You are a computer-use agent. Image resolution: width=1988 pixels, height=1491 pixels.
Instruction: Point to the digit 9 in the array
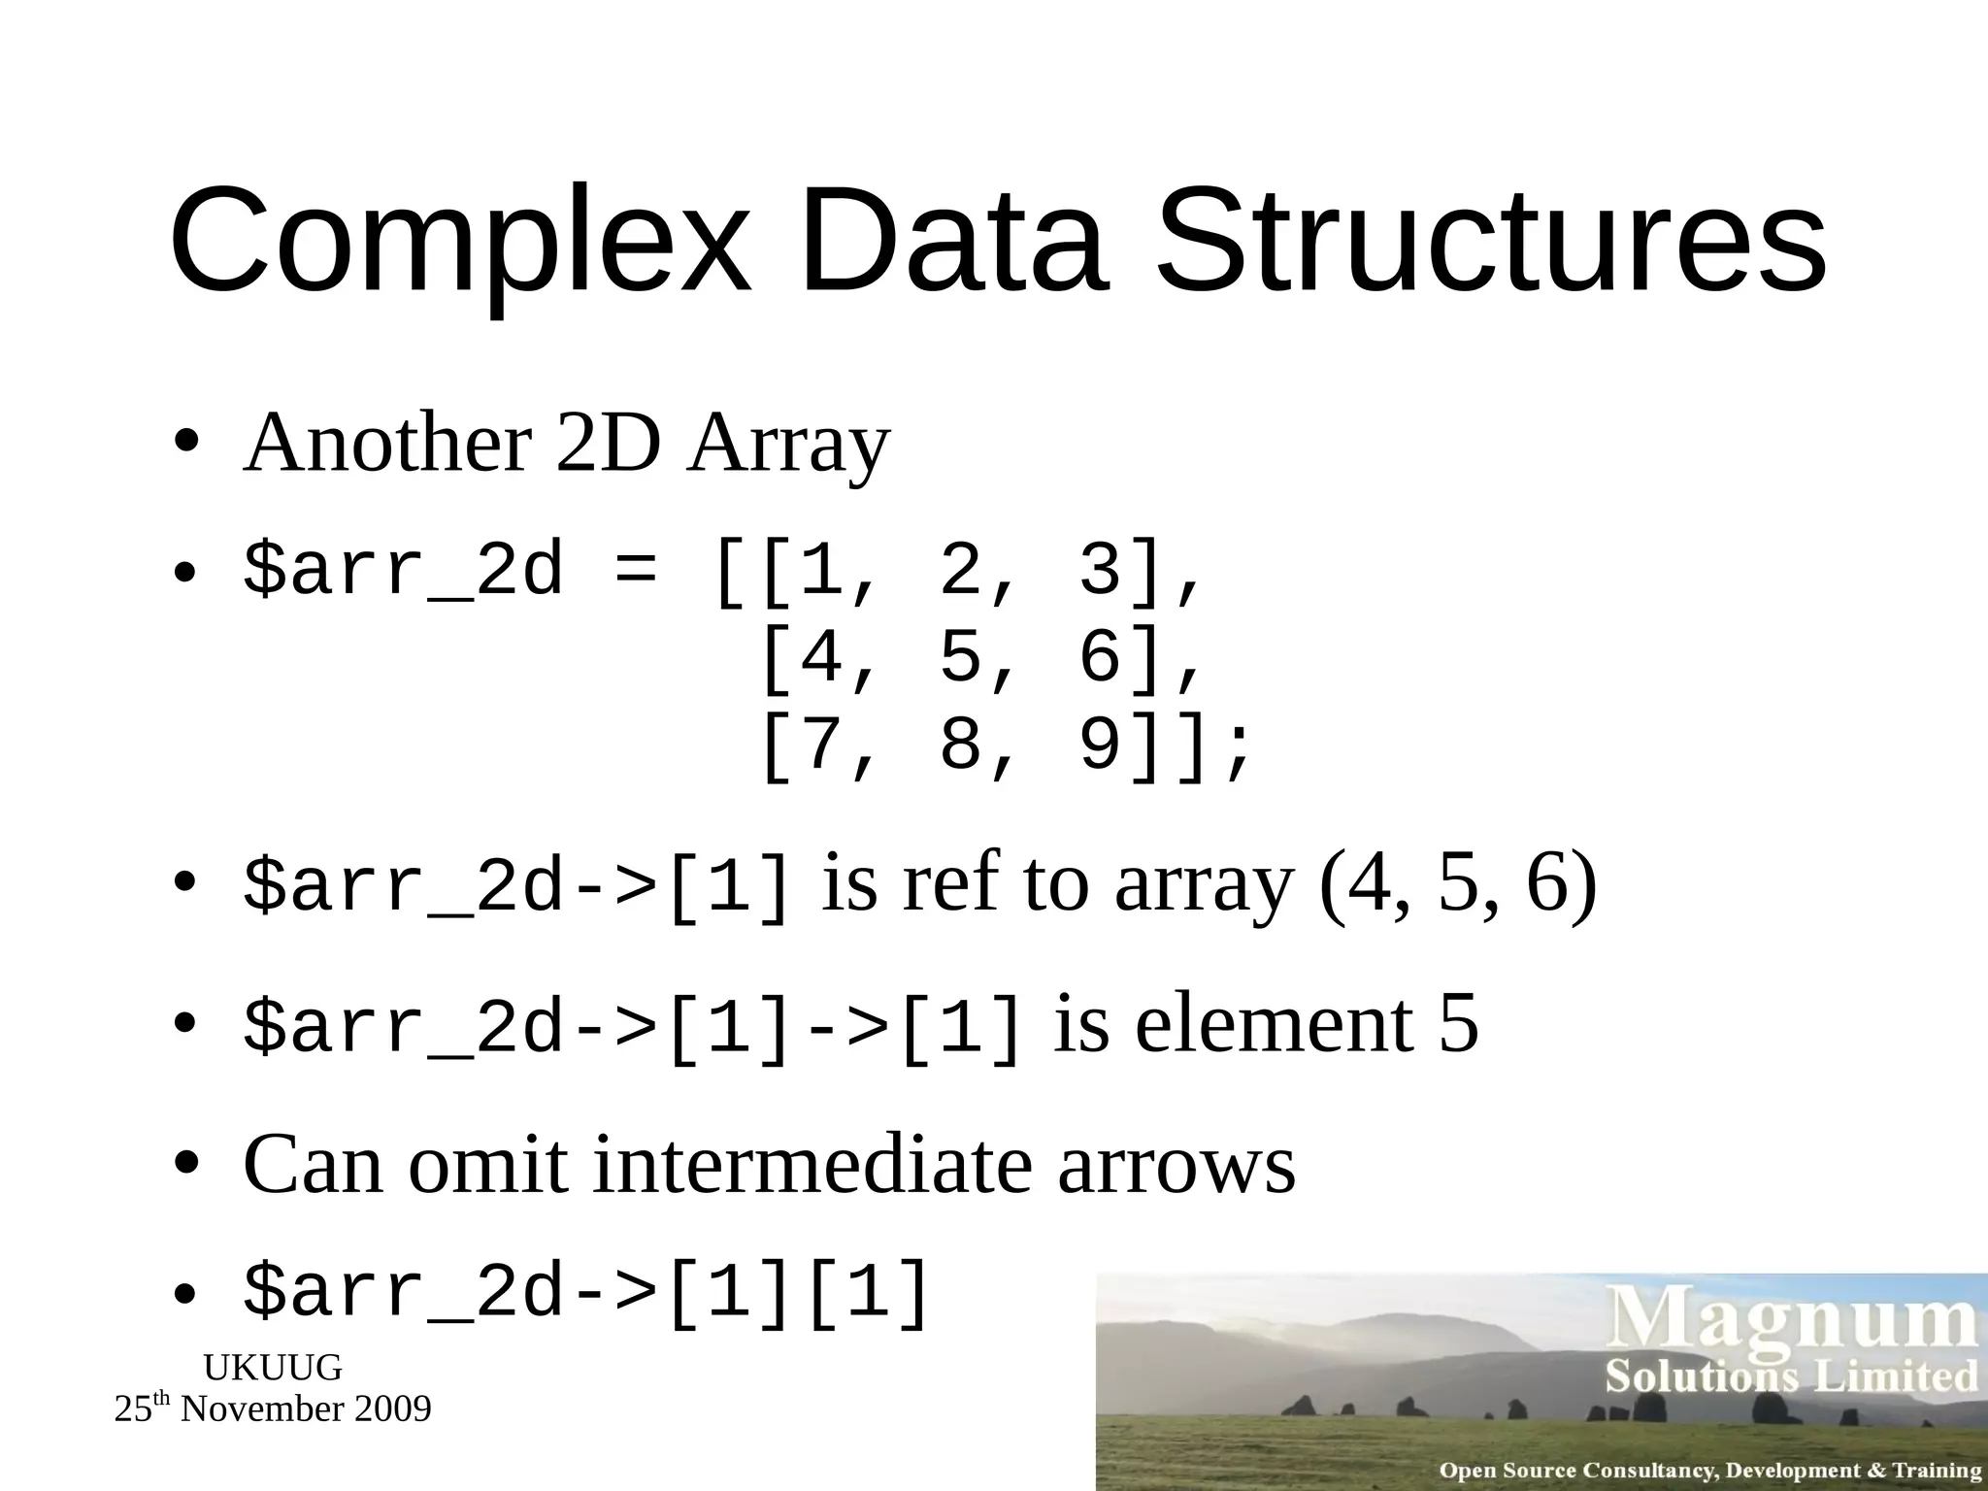[x=1100, y=745]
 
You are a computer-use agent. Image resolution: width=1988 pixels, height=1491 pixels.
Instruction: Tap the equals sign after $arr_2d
[x=636, y=573]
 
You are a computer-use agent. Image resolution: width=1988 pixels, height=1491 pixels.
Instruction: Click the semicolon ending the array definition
[x=1237, y=752]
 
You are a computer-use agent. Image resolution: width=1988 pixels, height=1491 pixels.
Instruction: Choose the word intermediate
[x=812, y=1164]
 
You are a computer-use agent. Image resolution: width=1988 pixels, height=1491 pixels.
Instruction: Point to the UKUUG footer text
[x=273, y=1368]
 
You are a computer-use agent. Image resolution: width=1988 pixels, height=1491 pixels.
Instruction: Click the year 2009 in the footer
[x=393, y=1409]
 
